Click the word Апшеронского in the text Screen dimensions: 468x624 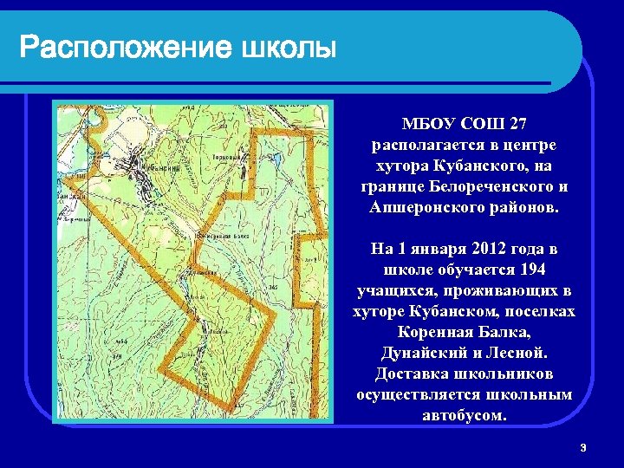422,208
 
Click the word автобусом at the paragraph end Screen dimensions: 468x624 464,416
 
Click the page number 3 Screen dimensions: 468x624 583,447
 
